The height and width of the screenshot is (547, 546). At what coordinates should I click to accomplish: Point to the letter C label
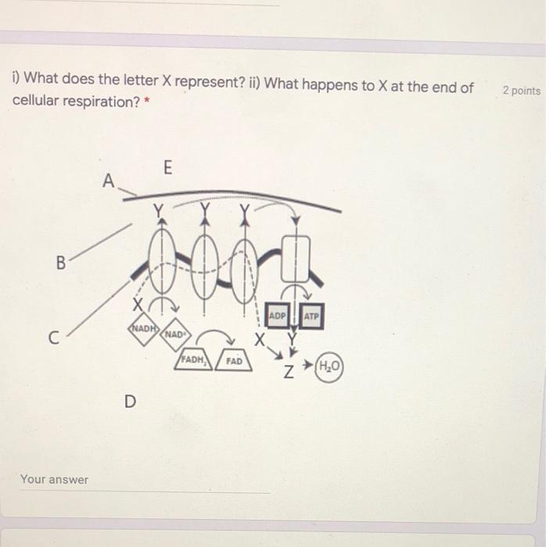coord(53,339)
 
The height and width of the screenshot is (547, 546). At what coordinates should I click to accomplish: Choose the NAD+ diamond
coord(174,334)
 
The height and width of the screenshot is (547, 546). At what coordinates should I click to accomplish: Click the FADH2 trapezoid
coord(193,360)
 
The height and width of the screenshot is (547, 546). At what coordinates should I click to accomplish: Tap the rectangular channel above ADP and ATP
coord(296,258)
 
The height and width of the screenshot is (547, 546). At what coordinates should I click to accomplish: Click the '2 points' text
coord(521,91)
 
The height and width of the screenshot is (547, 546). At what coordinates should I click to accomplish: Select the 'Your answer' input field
coord(145,480)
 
